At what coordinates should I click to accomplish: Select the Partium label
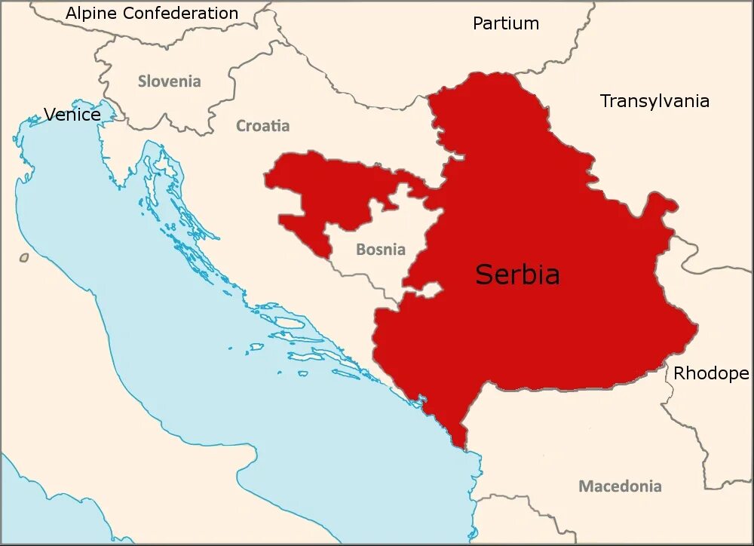[506, 23]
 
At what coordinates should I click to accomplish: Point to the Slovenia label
[169, 81]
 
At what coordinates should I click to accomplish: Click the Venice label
[72, 115]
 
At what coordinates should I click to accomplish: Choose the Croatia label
[262, 126]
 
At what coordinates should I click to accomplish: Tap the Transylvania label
[654, 101]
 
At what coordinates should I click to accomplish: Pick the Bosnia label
[380, 250]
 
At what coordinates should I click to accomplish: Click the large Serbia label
[517, 275]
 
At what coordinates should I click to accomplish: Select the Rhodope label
[710, 373]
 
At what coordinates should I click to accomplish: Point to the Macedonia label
[620, 486]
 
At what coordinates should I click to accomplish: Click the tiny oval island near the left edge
[24, 258]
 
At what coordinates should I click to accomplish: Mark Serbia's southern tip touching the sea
[461, 443]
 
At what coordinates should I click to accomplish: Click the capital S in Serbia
[483, 275]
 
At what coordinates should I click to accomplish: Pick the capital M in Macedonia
[586, 486]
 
